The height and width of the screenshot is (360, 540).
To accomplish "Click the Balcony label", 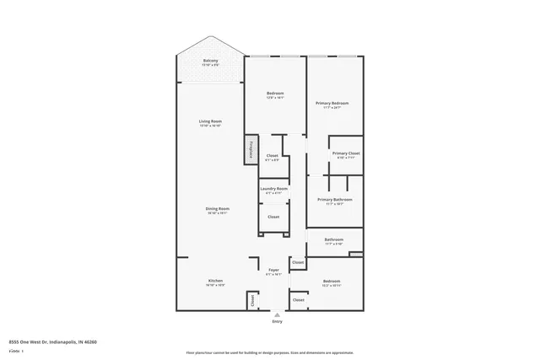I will pyautogui.click(x=210, y=61).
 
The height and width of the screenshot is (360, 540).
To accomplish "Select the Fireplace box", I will pyautogui.click(x=251, y=148).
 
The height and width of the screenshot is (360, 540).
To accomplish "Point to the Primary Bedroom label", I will pyautogui.click(x=332, y=104).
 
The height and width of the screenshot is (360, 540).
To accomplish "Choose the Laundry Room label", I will pyautogui.click(x=273, y=189).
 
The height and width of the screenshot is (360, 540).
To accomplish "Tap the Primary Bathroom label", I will pyautogui.click(x=335, y=200).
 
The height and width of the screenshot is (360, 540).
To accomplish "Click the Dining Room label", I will pyautogui.click(x=218, y=209).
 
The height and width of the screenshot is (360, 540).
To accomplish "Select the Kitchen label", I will pyautogui.click(x=215, y=281).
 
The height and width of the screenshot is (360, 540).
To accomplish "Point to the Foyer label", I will pyautogui.click(x=273, y=271).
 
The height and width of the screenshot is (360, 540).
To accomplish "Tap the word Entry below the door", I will pyautogui.click(x=278, y=322).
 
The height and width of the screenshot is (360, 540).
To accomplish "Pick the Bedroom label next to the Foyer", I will pyautogui.click(x=331, y=281).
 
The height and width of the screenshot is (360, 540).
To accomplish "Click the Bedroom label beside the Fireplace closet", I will pyautogui.click(x=275, y=94).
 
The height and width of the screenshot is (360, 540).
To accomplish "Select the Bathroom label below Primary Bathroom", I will pyautogui.click(x=334, y=239).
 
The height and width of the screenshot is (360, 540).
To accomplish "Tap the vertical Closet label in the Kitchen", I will pyautogui.click(x=251, y=299).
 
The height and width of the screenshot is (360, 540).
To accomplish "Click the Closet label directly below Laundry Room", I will pyautogui.click(x=273, y=217).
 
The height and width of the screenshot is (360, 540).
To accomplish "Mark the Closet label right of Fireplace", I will pyautogui.click(x=273, y=155).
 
